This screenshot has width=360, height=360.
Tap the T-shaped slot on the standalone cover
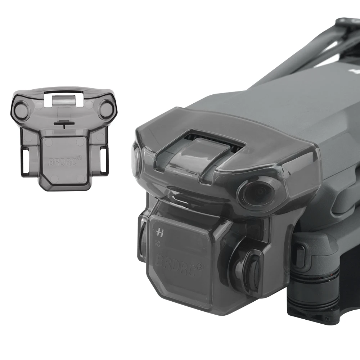coord(63,124)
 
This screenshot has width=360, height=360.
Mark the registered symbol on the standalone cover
coord(79,158)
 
